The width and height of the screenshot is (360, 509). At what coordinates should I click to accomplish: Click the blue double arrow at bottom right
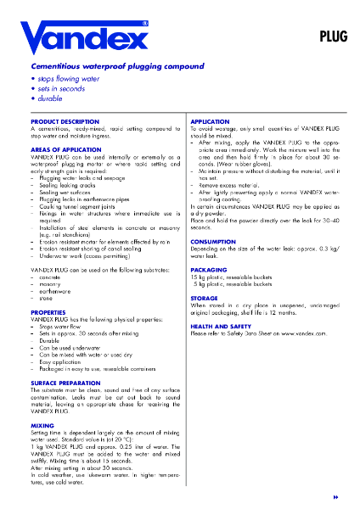click(337, 494)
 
